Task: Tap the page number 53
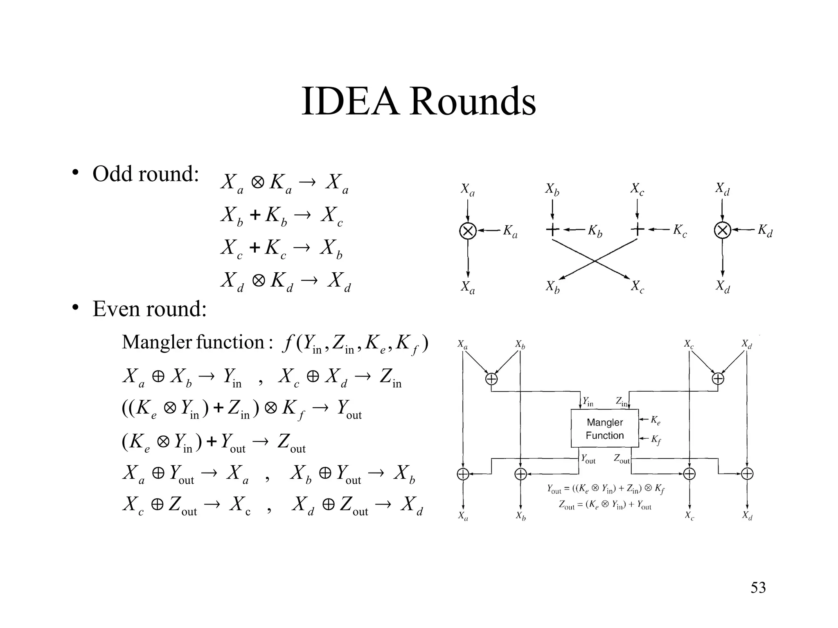pyautogui.click(x=758, y=588)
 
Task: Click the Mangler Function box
pyautogui.click(x=604, y=428)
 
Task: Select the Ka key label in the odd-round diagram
pyautogui.click(x=510, y=231)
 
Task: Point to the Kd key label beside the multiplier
pyautogui.click(x=764, y=231)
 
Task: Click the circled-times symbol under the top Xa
pyautogui.click(x=468, y=231)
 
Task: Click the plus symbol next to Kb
pyautogui.click(x=552, y=230)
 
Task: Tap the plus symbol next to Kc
pyautogui.click(x=638, y=230)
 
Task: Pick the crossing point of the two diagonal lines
pyautogui.click(x=595, y=260)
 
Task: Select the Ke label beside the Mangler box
pyautogui.click(x=656, y=420)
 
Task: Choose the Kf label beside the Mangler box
pyautogui.click(x=656, y=440)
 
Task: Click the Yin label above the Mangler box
pyautogui.click(x=588, y=402)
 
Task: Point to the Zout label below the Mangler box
pyautogui.click(x=622, y=459)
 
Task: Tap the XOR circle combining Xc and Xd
pyautogui.click(x=718, y=379)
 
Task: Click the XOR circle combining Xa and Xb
pyautogui.click(x=491, y=379)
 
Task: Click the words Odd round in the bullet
pyautogui.click(x=145, y=174)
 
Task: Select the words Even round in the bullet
pyautogui.click(x=149, y=309)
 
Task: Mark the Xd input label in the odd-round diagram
pyautogui.click(x=722, y=189)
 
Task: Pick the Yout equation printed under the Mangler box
pyautogui.click(x=606, y=489)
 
